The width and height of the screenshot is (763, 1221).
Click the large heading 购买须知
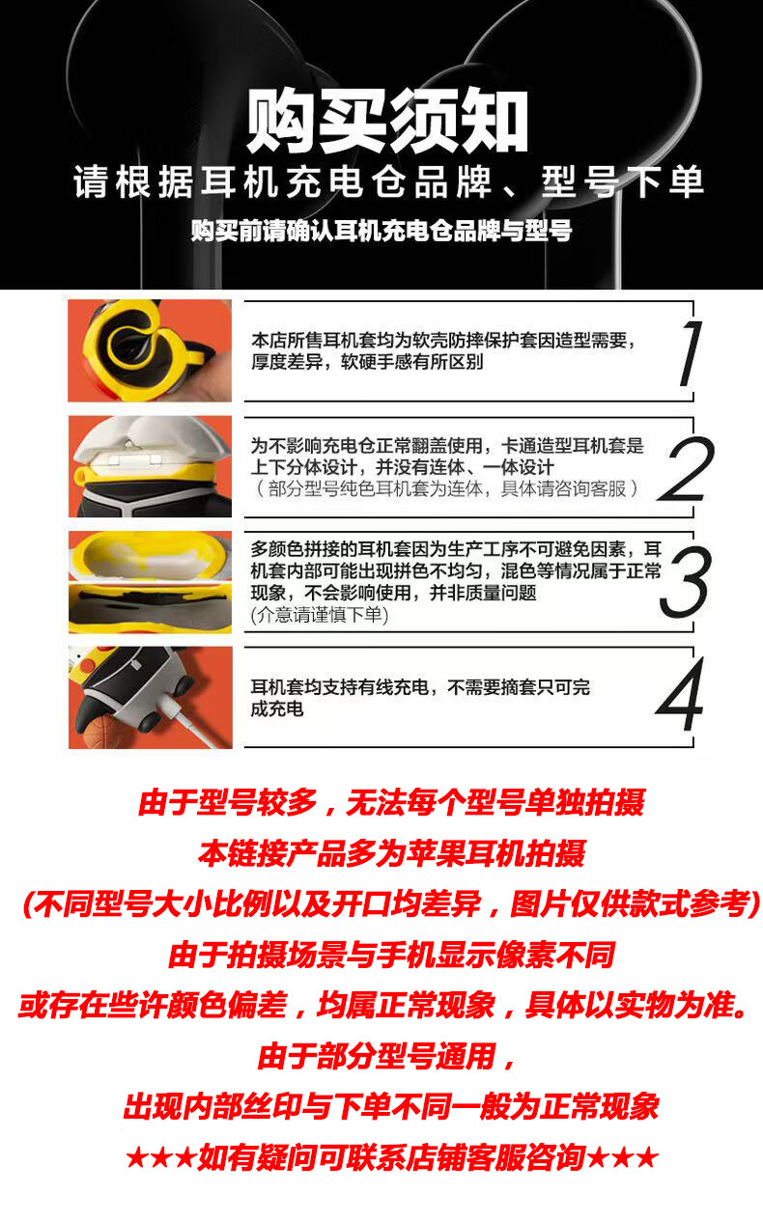tap(386, 121)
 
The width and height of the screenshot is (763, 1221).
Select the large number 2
tap(686, 469)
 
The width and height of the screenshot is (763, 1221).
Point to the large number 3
tap(686, 582)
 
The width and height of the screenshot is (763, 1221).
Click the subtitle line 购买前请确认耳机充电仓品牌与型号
tap(381, 231)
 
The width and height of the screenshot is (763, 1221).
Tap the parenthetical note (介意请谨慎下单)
tap(320, 615)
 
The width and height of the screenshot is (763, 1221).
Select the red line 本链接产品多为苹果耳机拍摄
tap(391, 853)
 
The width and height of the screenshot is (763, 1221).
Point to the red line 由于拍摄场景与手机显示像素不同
tap(391, 955)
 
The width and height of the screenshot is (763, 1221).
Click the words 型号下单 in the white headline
tap(622, 181)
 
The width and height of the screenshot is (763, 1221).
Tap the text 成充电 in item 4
tap(276, 709)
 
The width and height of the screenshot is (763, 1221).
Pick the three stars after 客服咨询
tap(623, 1158)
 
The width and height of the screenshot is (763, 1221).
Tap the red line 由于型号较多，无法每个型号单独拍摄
tap(391, 803)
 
